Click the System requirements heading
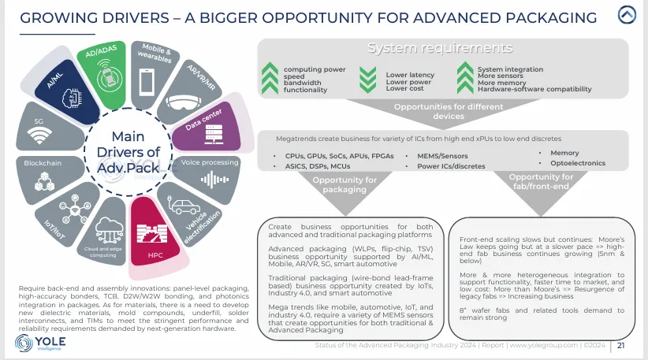coord(441,49)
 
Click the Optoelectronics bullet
coord(575,163)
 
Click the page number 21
coord(621,344)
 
